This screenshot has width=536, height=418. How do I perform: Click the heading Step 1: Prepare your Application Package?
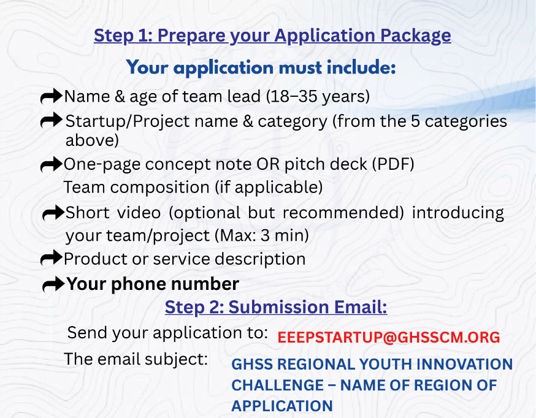(x=272, y=36)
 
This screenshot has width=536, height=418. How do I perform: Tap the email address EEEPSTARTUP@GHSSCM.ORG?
(x=389, y=338)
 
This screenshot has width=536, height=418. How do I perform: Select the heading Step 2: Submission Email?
(x=276, y=307)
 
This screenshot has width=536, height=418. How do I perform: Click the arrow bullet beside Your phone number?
(x=53, y=284)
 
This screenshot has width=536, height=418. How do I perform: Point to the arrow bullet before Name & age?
(x=52, y=96)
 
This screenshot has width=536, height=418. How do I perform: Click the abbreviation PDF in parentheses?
(x=393, y=164)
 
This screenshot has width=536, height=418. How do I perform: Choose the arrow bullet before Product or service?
(x=52, y=259)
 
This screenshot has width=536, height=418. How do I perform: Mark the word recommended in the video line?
(x=340, y=213)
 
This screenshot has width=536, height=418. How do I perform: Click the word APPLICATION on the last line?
(x=282, y=406)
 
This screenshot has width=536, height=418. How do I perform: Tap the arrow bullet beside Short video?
(x=53, y=213)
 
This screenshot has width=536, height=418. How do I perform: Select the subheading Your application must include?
(x=261, y=67)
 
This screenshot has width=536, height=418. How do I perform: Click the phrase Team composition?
(x=136, y=188)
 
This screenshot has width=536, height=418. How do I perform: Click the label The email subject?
(x=136, y=359)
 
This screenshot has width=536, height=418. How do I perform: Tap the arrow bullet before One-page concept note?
(x=52, y=165)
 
